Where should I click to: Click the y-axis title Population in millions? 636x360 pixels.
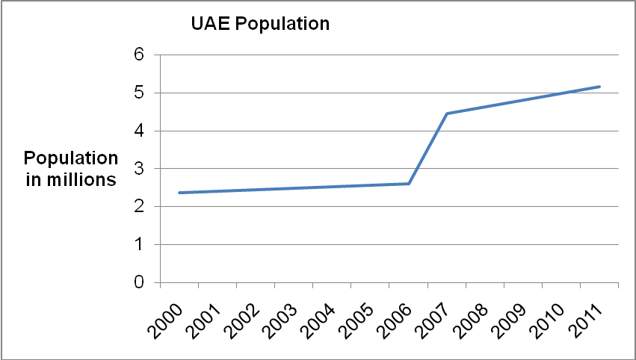(71, 169)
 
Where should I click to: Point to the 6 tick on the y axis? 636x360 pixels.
(139, 55)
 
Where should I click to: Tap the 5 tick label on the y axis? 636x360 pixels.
(139, 93)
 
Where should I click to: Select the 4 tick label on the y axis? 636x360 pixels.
(139, 131)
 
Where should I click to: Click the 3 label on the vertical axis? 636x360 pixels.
(139, 169)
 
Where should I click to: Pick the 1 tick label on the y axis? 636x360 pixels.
(139, 245)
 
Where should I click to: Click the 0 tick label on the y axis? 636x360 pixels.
(139, 283)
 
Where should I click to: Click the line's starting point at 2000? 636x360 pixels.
(179, 193)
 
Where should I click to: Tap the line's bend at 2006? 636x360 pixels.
(409, 184)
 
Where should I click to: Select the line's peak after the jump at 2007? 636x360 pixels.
(447, 114)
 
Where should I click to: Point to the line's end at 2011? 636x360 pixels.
(599, 87)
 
